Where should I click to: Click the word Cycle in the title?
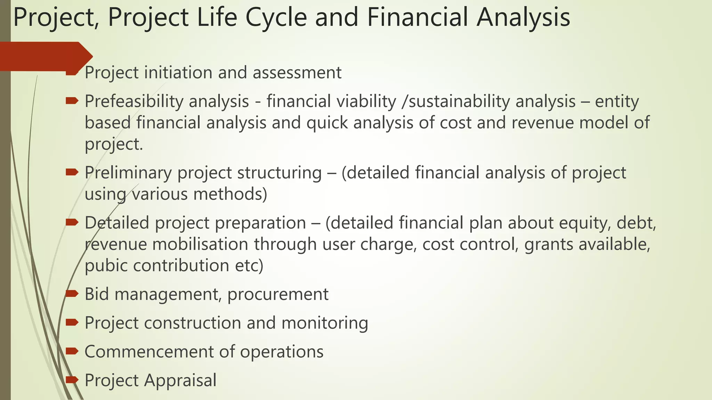276,17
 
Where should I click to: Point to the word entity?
617,101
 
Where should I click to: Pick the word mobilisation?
200,244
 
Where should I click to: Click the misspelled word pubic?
106,266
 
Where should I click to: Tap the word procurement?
278,294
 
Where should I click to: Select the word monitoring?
325,323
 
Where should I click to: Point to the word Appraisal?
180,380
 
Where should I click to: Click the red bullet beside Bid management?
72,294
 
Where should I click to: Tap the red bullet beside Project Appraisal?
72,380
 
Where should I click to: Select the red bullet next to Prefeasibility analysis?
72,101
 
